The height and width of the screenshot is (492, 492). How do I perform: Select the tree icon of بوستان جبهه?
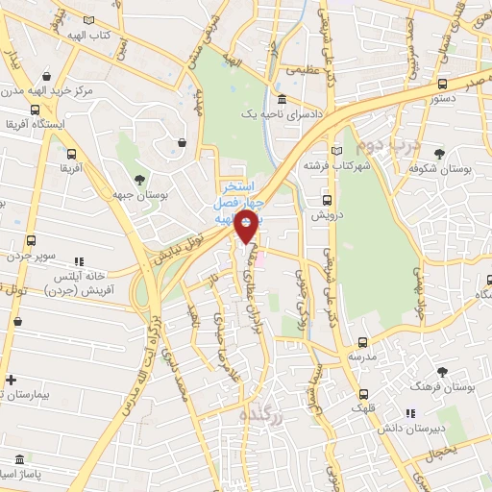tap(140, 179)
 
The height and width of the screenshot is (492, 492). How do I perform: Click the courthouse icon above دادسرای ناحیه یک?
tap(281, 100)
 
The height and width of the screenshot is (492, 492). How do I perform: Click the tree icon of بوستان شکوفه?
tap(439, 154)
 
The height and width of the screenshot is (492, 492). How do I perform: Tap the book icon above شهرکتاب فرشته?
tap(335, 151)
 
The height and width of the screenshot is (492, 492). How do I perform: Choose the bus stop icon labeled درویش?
tap(327, 201)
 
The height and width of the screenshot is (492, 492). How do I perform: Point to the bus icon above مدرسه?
tap(362, 341)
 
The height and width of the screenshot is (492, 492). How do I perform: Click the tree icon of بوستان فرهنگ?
tap(442, 372)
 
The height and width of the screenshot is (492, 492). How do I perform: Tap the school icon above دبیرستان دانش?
tap(410, 414)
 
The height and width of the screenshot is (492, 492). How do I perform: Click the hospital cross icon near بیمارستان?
tap(10, 380)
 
